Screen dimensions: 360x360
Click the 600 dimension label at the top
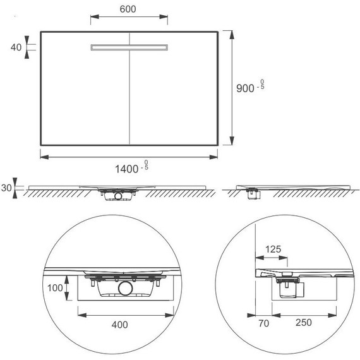pyautogui.click(x=128, y=9)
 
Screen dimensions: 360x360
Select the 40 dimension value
pyautogui.click(x=16, y=47)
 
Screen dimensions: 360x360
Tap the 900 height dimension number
pyautogui.click(x=245, y=88)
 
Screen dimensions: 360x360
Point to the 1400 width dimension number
pyautogui.click(x=126, y=169)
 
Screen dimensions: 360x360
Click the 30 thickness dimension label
pyautogui.click(x=6, y=188)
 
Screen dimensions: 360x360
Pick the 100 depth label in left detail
pyautogui.click(x=55, y=288)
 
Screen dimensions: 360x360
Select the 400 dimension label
pyautogui.click(x=119, y=325)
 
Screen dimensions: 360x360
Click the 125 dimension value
pyautogui.click(x=273, y=249)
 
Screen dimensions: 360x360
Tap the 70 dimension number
pyautogui.click(x=263, y=323)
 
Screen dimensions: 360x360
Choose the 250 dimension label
pyautogui.click(x=304, y=323)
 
